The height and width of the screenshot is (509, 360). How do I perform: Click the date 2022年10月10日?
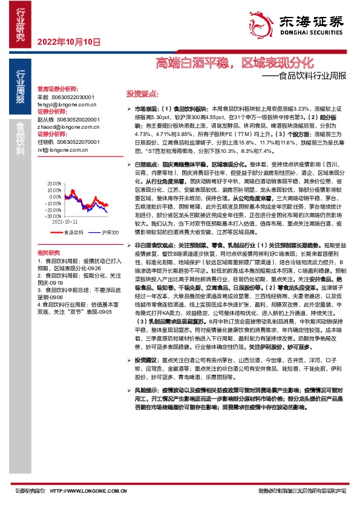(x=68, y=42)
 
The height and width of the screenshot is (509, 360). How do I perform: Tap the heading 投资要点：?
(x=142, y=94)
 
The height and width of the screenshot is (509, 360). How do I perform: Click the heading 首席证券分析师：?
(x=58, y=88)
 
